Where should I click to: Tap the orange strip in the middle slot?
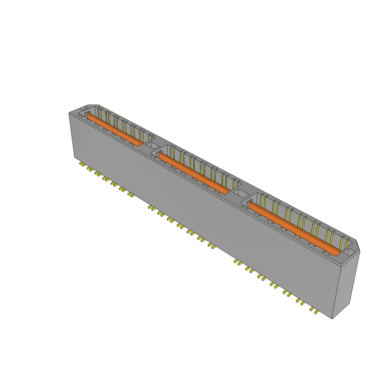pyautogui.click(x=193, y=173)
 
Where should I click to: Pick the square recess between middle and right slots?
pyautogui.click(x=239, y=194)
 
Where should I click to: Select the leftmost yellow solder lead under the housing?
pyautogui.click(x=82, y=164)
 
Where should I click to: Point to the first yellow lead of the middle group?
pyautogui.click(x=151, y=207)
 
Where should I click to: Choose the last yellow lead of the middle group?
pyautogui.click(x=213, y=247)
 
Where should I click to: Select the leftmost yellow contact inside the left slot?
pyautogui.click(x=98, y=113)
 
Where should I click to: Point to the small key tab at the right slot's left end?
pyautogui.click(x=248, y=205)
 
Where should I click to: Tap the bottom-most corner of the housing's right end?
pyautogui.click(x=332, y=318)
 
